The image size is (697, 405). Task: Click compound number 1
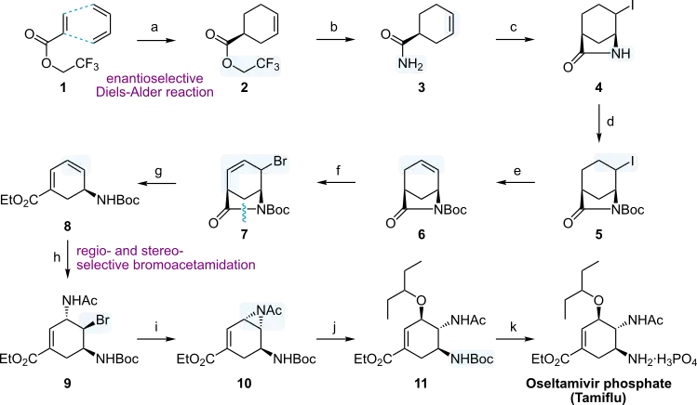[x=63, y=87]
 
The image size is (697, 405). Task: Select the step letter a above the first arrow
[x=154, y=28]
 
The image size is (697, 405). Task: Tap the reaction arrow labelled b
[x=336, y=40]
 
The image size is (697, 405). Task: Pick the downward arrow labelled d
[x=598, y=124]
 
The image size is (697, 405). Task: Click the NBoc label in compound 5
[x=627, y=210]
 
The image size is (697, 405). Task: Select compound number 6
[x=421, y=234]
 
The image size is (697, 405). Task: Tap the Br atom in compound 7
[x=280, y=162]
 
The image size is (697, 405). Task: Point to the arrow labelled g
[x=156, y=183]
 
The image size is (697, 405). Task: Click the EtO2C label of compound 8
[x=20, y=201]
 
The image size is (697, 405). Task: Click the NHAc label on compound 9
[x=80, y=301]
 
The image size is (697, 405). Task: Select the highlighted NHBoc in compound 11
[x=472, y=359]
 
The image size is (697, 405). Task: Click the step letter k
[x=514, y=327]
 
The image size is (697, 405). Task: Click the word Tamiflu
[x=598, y=398]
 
